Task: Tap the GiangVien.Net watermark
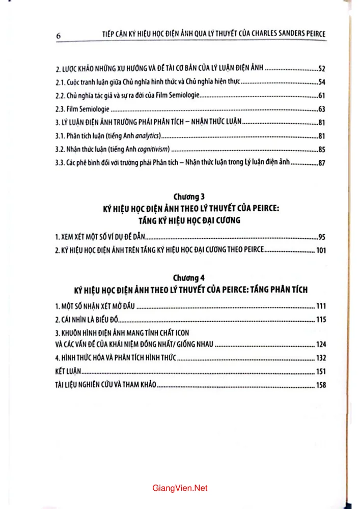point(180,488)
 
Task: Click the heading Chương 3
point(188,196)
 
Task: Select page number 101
point(319,250)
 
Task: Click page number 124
point(319,344)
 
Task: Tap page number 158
point(319,385)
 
